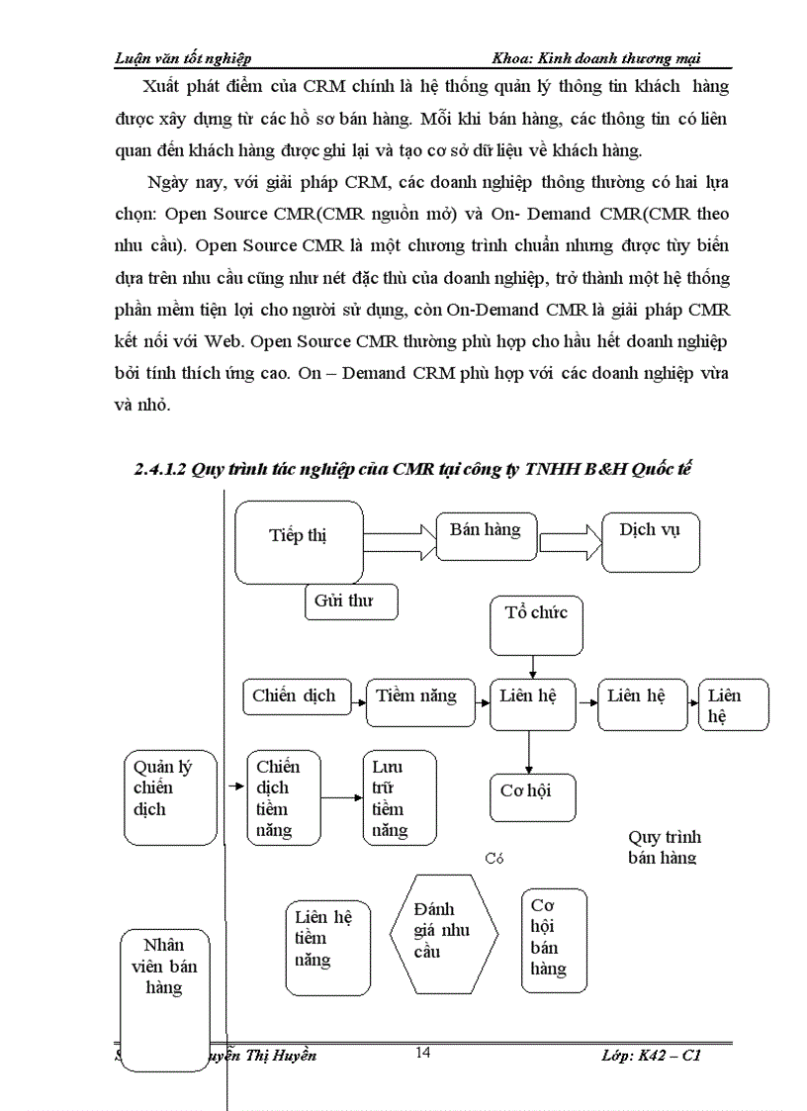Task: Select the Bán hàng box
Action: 485,537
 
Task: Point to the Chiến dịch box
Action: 295,696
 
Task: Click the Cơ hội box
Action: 532,797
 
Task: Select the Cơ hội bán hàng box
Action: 554,939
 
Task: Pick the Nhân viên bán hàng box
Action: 165,998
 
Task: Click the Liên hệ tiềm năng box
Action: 327,946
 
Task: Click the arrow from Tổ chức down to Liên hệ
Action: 534,668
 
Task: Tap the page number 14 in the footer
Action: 423,1053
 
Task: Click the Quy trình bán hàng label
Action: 664,848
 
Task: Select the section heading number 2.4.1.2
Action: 160,470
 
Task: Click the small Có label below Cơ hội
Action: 494,859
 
